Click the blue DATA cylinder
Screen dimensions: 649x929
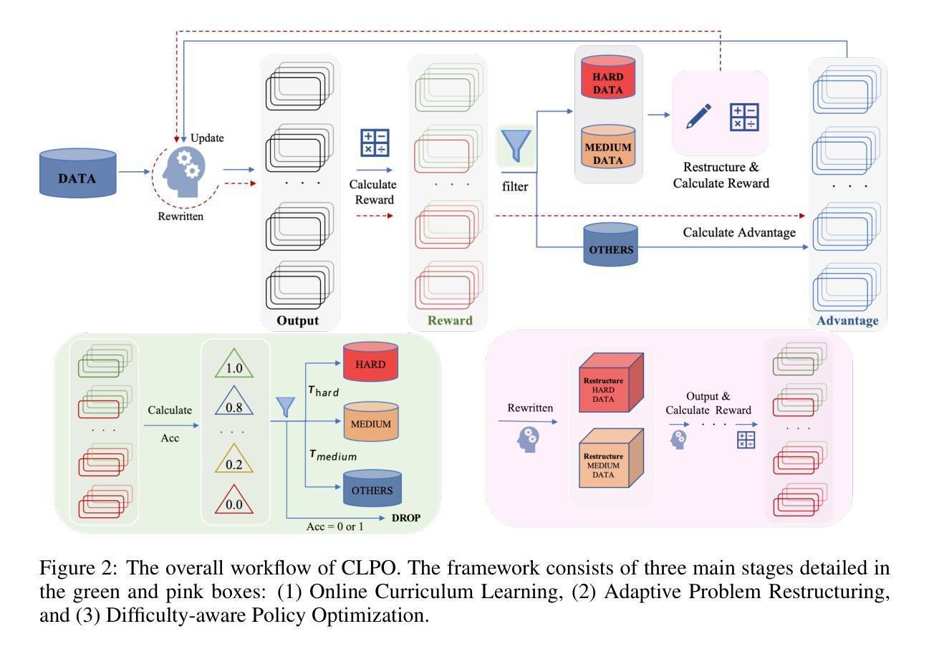pos(77,173)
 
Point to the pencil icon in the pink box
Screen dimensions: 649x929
pos(698,115)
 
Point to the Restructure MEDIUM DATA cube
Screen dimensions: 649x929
pos(605,465)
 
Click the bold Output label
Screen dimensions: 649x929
pos(297,320)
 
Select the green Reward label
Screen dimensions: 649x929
pos(450,320)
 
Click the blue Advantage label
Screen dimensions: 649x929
pos(847,320)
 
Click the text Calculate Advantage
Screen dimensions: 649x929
pos(738,233)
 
